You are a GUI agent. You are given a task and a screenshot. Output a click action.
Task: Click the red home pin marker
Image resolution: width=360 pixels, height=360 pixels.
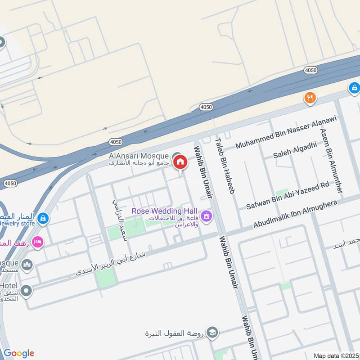coord(180,162)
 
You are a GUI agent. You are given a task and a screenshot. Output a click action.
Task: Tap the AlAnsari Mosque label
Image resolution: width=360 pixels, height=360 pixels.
coord(139,156)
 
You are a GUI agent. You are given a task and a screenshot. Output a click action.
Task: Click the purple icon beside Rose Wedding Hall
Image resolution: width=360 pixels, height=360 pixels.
coord(206,216)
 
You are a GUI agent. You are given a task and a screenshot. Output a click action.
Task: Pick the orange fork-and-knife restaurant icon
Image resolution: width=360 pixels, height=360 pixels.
coord(310,98)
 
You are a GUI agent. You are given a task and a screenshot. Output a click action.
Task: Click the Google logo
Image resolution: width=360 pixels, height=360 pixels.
coord(19,353)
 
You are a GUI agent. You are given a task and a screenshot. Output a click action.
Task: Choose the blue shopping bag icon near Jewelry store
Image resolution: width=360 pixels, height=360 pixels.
coord(43,219)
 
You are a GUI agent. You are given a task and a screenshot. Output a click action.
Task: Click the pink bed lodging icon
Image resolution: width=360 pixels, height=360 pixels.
coord(38,242)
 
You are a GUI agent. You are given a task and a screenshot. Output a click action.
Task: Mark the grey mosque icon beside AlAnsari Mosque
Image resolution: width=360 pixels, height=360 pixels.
coord(176,156)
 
